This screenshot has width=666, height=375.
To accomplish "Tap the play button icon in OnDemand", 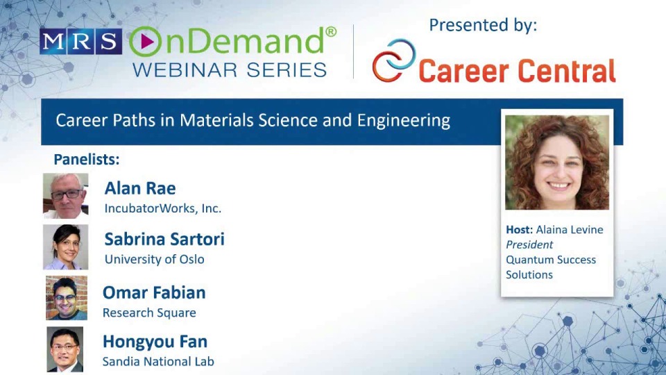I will [145, 42].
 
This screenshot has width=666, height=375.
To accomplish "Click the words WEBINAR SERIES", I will [229, 69].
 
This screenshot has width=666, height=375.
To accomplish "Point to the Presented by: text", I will [483, 26].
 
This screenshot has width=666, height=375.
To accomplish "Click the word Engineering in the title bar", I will [403, 121].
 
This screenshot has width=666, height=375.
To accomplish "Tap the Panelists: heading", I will [87, 159].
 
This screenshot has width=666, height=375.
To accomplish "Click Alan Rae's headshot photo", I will [66, 195].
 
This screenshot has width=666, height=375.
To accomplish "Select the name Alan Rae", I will [139, 188].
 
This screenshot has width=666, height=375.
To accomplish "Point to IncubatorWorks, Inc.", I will [162, 208].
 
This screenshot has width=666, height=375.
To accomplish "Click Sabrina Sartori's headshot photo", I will [66, 247].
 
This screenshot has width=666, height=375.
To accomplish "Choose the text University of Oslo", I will [154, 260].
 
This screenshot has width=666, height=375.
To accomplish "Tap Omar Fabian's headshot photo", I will [67, 297].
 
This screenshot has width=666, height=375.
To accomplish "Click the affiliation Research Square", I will [149, 312].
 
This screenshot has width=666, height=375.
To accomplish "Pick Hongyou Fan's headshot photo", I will [65, 349].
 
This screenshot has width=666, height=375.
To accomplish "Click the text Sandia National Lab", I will [158, 361].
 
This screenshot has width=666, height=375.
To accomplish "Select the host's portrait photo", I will [557, 162].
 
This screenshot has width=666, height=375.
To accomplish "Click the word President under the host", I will [529, 244].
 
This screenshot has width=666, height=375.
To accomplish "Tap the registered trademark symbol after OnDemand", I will [331, 31].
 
